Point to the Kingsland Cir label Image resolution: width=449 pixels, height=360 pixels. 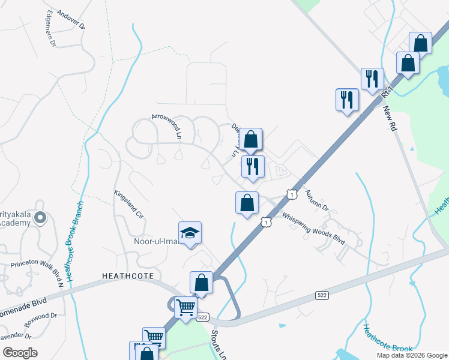click(129, 205)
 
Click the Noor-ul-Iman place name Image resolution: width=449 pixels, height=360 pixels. click(155, 242)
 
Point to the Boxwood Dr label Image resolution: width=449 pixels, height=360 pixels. click(37, 316)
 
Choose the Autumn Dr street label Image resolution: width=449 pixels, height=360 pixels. click(316, 200)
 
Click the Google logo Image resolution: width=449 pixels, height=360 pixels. click(19, 353)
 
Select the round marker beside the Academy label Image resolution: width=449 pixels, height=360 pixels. click(40, 218)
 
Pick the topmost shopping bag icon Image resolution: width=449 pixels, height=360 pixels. click(420, 44)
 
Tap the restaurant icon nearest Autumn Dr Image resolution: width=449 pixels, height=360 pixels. click(253, 166)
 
